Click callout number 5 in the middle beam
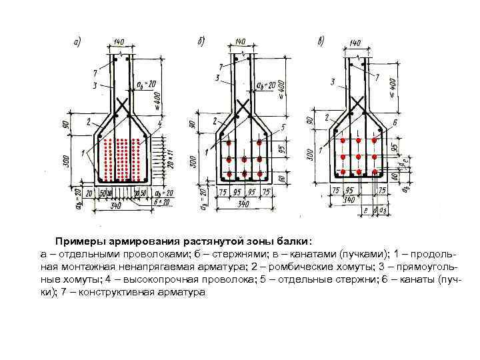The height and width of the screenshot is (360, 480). (x=283, y=127)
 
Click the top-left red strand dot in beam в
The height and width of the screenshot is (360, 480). (x=343, y=142)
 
